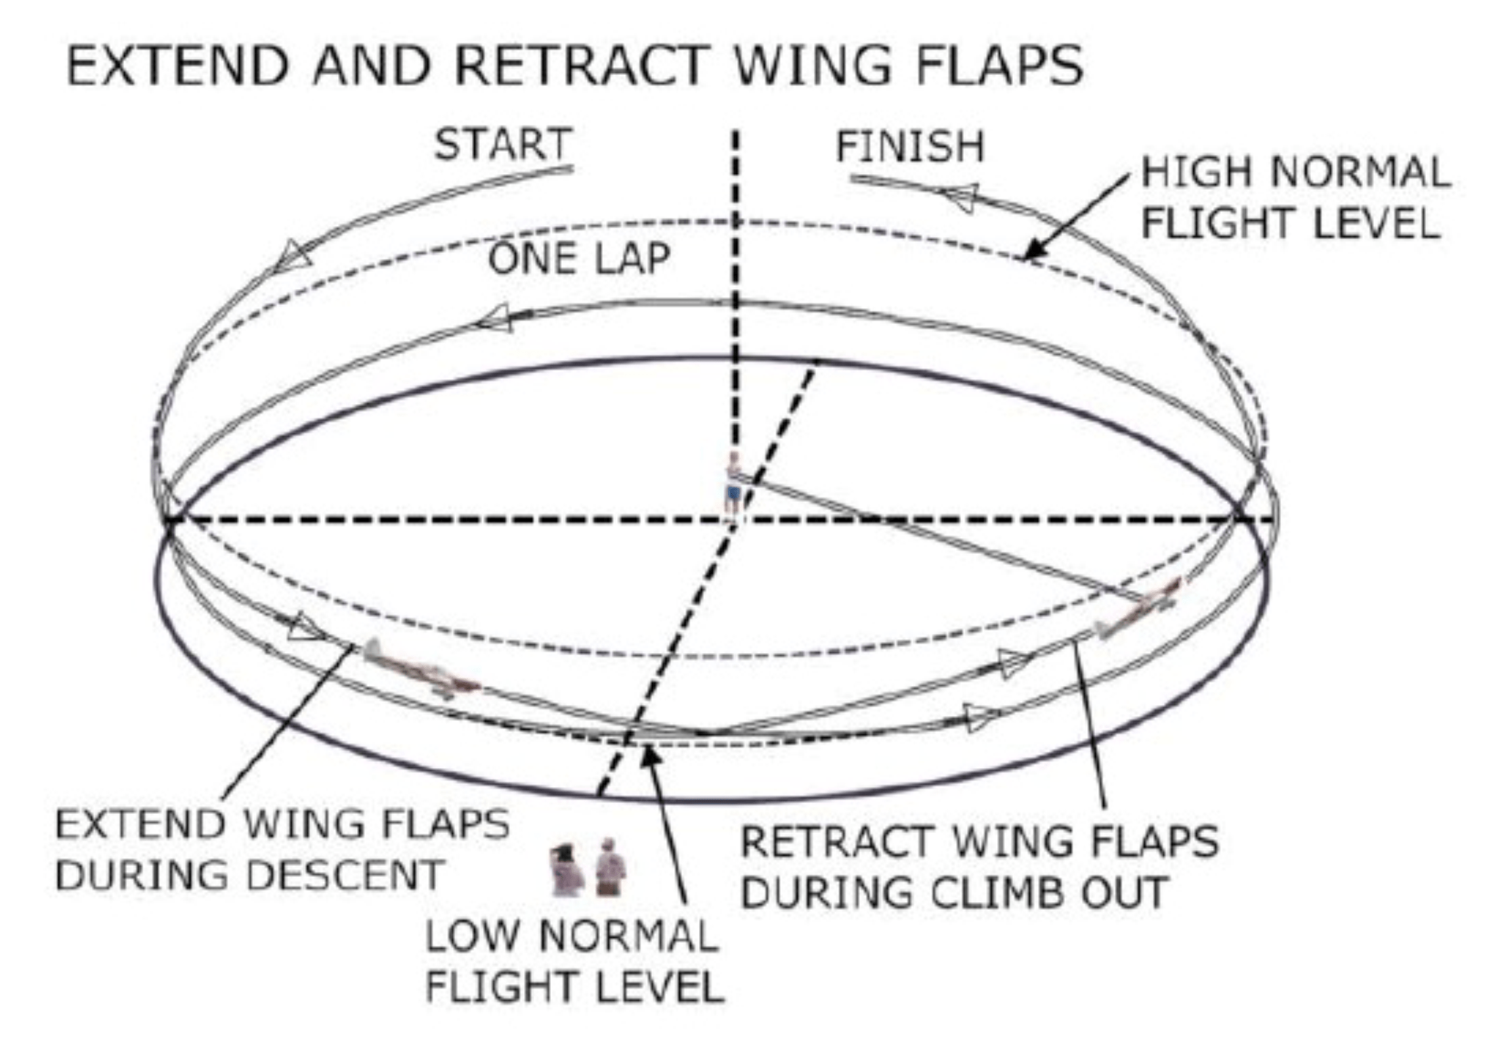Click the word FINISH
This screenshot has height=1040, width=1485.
[910, 147]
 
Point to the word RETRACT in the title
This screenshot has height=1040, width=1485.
[582, 66]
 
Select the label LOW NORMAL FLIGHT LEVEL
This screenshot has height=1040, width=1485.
[574, 961]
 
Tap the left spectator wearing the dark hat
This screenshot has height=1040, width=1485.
[566, 870]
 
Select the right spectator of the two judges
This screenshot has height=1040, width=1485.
[611, 867]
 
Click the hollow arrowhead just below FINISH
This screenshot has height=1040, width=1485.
[960, 196]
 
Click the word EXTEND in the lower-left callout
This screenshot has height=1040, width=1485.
[141, 825]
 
